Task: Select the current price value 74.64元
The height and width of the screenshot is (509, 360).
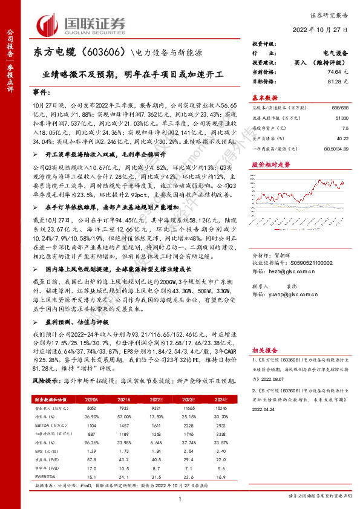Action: [337, 71]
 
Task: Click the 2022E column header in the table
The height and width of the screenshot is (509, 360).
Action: [156, 400]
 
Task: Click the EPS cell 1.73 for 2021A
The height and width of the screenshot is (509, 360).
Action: [125, 452]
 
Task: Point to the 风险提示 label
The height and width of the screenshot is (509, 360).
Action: [45, 381]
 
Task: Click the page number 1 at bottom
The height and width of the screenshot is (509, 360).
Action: [180, 498]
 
